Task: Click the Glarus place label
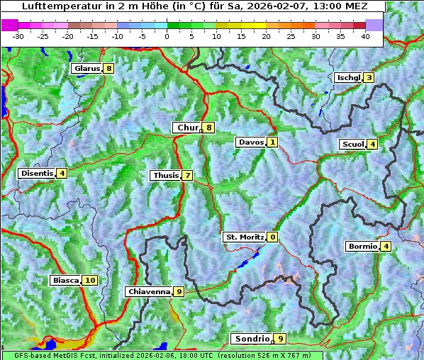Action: [87, 69]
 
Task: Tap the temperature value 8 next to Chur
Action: [209, 128]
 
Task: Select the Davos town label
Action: [251, 142]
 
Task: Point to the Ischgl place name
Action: [349, 78]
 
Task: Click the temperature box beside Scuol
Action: [372, 145]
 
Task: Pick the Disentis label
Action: [37, 173]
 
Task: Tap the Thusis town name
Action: [165, 176]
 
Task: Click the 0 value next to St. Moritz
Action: [273, 237]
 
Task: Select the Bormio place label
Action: [362, 247]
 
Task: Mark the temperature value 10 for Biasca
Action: [89, 281]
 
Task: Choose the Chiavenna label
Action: [149, 291]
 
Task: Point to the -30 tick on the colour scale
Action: [18, 36]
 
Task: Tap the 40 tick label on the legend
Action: [365, 36]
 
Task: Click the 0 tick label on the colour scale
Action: [167, 36]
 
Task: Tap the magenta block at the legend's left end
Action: [10, 25]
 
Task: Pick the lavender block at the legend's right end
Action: [374, 25]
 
